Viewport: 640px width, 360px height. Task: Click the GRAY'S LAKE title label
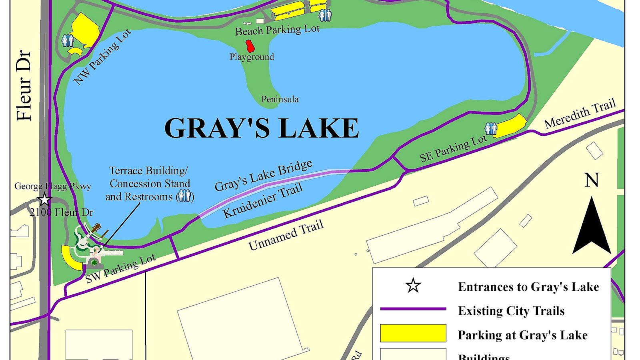(x=262, y=128)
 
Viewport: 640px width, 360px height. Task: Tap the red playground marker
(x=250, y=46)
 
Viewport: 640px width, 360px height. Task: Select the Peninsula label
(x=280, y=99)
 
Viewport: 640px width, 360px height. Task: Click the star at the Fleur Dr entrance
(x=44, y=199)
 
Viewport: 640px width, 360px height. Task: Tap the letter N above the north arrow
(x=592, y=180)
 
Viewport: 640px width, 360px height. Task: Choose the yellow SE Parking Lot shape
(x=510, y=126)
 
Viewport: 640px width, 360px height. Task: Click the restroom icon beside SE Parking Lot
(x=490, y=128)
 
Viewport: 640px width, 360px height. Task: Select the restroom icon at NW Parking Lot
(x=68, y=40)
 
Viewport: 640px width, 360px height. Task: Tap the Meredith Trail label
(x=580, y=114)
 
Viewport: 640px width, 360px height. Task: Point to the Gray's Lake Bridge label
(x=263, y=176)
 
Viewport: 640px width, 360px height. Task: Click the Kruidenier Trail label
(x=262, y=200)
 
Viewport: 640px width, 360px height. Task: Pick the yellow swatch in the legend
(x=413, y=333)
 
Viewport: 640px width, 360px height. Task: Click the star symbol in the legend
(x=413, y=286)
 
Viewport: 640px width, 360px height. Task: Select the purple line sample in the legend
(x=413, y=309)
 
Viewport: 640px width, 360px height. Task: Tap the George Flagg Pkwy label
(x=53, y=186)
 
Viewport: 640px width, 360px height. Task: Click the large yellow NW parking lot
(x=85, y=30)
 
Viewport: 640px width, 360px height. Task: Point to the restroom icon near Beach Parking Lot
(x=325, y=15)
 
